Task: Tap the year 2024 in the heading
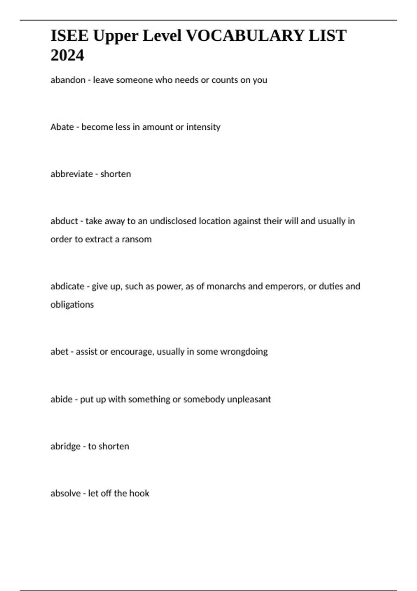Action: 67,55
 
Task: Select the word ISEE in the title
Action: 69,36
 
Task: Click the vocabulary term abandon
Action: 68,80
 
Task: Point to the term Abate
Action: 62,127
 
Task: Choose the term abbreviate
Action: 71,174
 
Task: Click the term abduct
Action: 64,221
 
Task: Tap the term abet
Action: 59,351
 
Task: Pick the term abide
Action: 62,399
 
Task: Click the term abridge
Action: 66,446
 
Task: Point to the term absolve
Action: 66,493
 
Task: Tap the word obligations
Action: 72,305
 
